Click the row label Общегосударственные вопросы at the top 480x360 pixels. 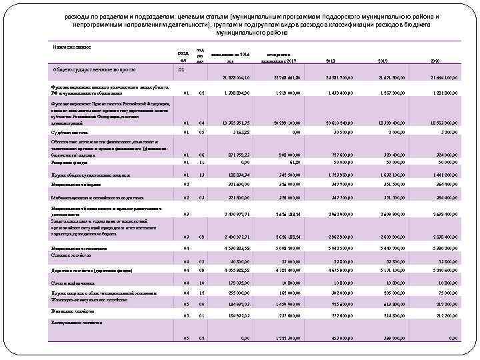tap(90, 69)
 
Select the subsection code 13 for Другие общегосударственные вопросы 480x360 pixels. tap(200, 173)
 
